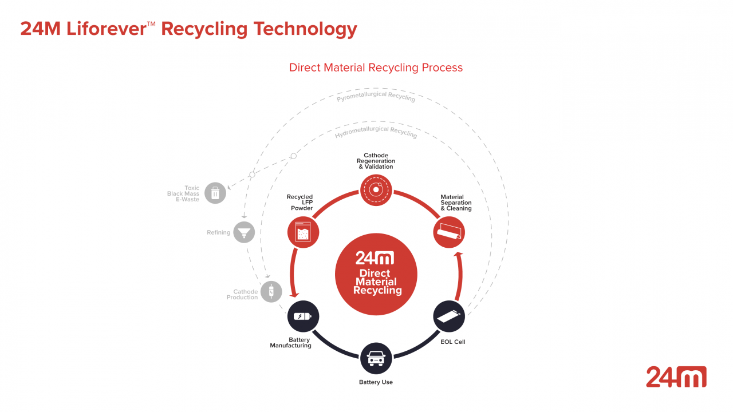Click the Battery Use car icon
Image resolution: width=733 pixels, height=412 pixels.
click(376, 359)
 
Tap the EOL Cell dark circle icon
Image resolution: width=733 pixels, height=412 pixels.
click(448, 316)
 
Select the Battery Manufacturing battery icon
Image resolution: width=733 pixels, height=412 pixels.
click(303, 316)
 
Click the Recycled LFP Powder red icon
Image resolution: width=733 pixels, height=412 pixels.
click(303, 232)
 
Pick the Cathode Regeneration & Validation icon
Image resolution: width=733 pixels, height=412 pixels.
click(376, 190)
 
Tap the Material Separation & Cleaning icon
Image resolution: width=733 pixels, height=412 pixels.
click(448, 232)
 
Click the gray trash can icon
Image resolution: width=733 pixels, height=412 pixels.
click(215, 193)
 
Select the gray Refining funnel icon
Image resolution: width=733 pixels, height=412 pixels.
click(244, 232)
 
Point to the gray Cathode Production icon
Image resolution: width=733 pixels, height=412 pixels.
click(271, 292)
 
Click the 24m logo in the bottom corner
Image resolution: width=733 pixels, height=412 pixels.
click(676, 377)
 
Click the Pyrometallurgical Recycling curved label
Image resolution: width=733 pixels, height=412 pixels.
click(376, 96)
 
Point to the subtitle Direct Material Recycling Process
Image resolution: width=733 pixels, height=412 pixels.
click(376, 68)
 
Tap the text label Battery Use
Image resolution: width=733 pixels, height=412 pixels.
click(376, 382)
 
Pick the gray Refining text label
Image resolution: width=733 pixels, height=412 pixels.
click(218, 233)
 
